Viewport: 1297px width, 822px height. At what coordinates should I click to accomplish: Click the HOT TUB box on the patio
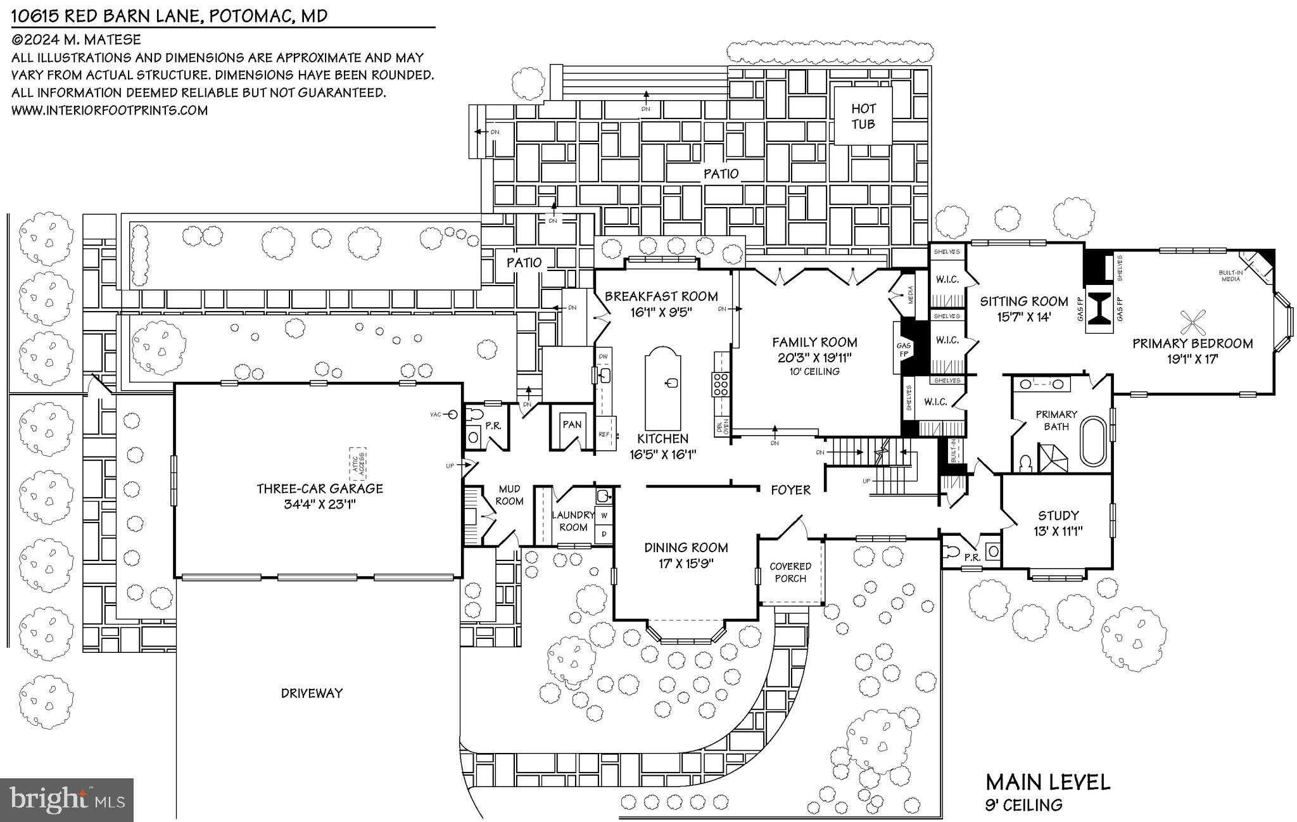[x=863, y=117]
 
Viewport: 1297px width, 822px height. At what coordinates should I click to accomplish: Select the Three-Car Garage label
[x=320, y=488]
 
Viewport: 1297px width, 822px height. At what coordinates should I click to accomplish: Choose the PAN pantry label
[x=572, y=424]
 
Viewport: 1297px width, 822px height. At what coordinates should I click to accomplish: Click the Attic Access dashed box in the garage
[x=358, y=462]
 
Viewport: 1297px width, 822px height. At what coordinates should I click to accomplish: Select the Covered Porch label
[x=790, y=572]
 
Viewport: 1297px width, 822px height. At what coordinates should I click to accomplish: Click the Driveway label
[x=312, y=693]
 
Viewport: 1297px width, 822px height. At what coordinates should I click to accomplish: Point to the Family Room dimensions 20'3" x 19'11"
[x=814, y=357]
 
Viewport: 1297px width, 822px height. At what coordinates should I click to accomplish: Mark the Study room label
[x=1058, y=515]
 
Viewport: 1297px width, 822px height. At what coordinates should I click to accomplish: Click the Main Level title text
[x=1047, y=782]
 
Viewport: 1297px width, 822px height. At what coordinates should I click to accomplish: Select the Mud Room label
[x=509, y=495]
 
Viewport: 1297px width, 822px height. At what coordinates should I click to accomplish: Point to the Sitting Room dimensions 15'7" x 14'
[x=1024, y=316]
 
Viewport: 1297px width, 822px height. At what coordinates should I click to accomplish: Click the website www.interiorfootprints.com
[x=110, y=110]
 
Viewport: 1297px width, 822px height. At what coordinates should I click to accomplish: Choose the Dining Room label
[x=686, y=547]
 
